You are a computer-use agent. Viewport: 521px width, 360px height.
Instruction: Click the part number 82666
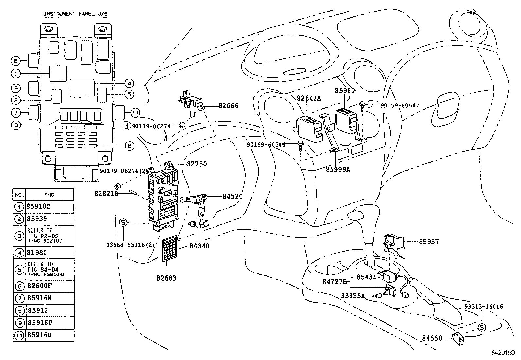click(228, 106)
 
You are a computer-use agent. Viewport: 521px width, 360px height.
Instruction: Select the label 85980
click(345, 91)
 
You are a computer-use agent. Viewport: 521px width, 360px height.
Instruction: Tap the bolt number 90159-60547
click(400, 105)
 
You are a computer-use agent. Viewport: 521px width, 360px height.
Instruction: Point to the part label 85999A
click(338, 169)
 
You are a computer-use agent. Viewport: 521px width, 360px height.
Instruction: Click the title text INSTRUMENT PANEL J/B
click(76, 14)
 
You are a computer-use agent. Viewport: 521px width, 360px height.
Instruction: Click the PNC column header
click(49, 195)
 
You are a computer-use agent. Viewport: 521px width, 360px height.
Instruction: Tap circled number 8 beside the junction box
click(16, 61)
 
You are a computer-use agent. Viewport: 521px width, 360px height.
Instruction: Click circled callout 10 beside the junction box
click(135, 113)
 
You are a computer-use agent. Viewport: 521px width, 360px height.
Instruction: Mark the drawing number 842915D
click(503, 353)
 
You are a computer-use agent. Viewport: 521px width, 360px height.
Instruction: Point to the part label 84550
click(432, 338)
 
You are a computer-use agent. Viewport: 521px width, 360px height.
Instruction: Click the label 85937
click(429, 242)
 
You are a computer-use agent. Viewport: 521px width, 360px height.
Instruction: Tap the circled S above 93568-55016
click(123, 223)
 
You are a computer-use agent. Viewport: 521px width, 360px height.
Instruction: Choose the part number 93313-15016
click(484, 307)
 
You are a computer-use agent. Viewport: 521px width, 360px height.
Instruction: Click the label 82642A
click(309, 98)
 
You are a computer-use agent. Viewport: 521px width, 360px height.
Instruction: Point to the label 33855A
click(353, 296)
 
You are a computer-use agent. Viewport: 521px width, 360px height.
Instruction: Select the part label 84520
click(233, 196)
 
